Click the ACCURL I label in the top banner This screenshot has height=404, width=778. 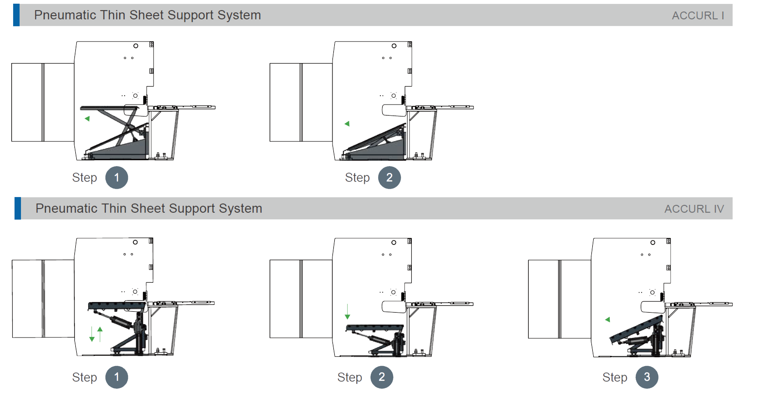698,15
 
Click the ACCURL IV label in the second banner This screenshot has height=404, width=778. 694,209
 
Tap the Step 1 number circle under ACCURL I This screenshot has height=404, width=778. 117,177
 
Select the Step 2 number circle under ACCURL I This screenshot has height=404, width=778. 389,177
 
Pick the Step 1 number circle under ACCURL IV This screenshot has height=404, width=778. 117,377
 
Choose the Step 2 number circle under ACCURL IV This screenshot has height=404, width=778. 382,377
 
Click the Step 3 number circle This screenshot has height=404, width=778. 647,377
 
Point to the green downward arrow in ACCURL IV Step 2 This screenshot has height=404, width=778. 347,312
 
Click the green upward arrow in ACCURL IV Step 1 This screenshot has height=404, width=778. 100,334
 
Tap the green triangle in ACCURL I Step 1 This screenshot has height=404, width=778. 87,119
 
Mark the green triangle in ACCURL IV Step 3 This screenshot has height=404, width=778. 608,320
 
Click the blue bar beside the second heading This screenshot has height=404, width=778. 18,208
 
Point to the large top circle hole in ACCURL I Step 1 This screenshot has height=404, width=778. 136,46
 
